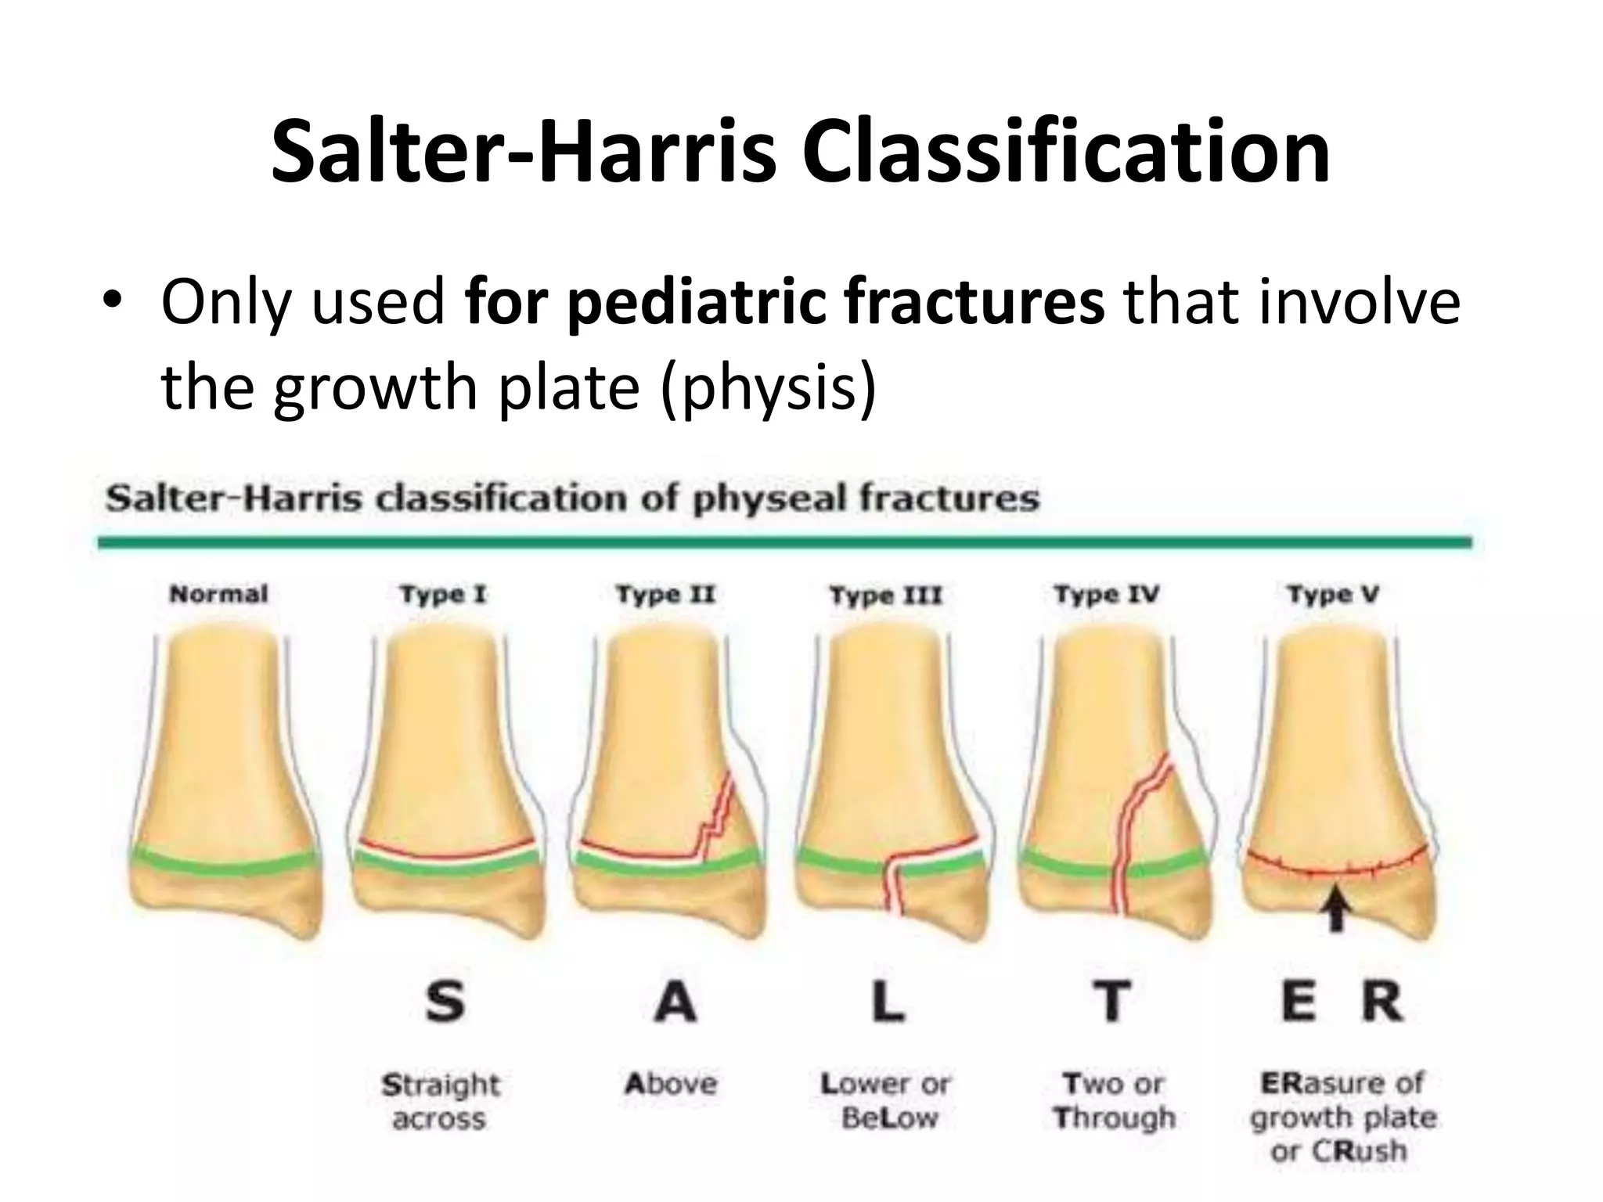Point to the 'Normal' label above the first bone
tap(219, 595)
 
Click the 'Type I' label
tap(443, 595)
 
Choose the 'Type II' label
tap(665, 595)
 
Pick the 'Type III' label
tap(885, 596)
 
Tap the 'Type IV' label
tap(1106, 595)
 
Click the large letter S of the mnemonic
tap(445, 1002)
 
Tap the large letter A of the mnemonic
tap(675, 1002)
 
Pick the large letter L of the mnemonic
tap(888, 1002)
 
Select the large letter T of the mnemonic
tap(1111, 1002)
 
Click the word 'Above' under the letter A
tap(671, 1084)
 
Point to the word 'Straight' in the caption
tap(440, 1085)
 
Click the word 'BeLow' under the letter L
tap(889, 1118)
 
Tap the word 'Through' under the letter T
tap(1115, 1118)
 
